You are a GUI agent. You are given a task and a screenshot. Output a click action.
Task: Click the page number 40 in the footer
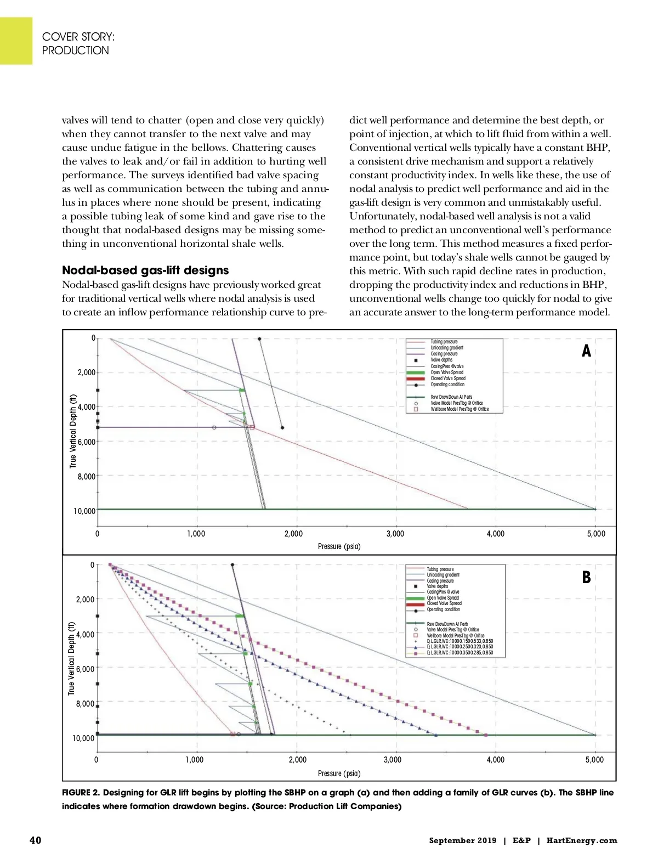coord(35,840)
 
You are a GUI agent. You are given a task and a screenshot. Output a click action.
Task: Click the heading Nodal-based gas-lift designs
coord(145,270)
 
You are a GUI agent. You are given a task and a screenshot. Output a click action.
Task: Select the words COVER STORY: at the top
coord(78,37)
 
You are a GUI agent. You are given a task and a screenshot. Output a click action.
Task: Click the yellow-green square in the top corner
coord(16,41)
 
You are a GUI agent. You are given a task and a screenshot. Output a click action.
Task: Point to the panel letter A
coord(586,351)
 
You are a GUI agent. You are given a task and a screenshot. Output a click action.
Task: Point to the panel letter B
coord(586,578)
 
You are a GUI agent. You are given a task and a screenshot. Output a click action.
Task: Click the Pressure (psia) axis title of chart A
coord(339,546)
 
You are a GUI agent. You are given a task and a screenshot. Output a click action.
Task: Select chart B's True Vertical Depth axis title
coord(71,658)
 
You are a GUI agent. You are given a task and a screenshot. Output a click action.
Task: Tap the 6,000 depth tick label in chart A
coord(87,442)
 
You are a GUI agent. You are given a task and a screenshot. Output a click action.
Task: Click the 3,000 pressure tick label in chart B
coord(392,760)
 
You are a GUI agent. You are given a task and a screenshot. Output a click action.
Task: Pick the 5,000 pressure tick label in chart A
coord(596,534)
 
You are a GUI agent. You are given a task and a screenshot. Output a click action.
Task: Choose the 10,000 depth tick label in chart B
coord(83,738)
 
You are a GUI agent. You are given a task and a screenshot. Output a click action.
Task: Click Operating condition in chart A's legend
coord(447,385)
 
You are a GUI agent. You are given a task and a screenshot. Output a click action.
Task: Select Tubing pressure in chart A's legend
coord(444,342)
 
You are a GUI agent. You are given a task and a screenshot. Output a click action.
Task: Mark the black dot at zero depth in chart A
coord(259,338)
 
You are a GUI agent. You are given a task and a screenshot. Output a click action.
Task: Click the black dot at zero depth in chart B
coord(232,564)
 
